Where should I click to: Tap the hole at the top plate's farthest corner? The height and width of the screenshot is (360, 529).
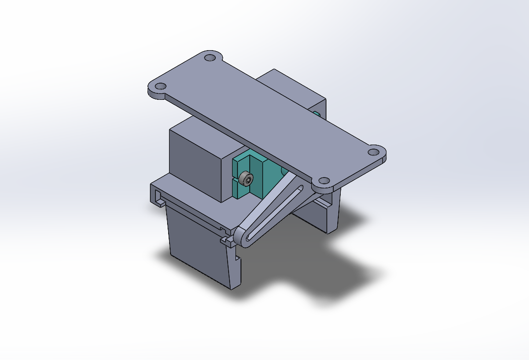tap(210, 58)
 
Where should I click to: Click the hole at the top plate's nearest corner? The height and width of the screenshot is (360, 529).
tap(323, 181)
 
